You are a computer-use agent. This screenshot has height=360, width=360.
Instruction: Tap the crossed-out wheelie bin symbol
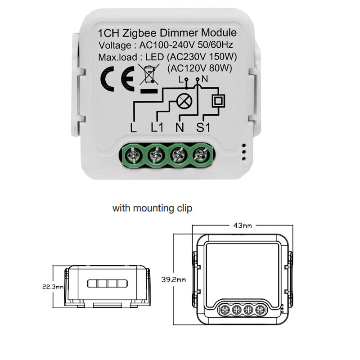(x=148, y=76)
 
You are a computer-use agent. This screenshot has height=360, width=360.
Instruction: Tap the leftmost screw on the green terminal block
(x=132, y=156)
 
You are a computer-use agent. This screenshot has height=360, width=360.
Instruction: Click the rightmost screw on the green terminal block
(x=199, y=156)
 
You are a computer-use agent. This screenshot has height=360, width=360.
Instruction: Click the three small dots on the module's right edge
(x=243, y=152)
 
